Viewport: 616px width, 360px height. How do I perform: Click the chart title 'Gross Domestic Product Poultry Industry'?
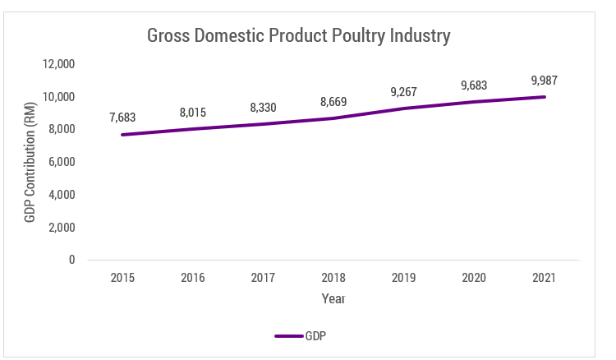tap(298, 36)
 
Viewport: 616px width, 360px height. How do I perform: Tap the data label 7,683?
tap(122, 118)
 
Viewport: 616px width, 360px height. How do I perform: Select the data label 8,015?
tap(192, 112)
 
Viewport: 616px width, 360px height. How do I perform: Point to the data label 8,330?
tap(263, 107)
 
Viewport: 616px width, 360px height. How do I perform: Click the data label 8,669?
tap(333, 102)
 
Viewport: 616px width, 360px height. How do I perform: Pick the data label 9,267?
tap(403, 92)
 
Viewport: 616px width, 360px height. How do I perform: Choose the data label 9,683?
tap(474, 85)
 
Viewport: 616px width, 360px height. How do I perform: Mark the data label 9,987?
tap(544, 81)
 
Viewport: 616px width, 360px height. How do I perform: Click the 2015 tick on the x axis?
tap(122, 278)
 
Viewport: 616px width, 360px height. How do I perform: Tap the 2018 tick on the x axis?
tap(333, 278)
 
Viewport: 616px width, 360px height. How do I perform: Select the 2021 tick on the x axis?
tap(544, 278)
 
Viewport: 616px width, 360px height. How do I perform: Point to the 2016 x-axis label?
tap(192, 278)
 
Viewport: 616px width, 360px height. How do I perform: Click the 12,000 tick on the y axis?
tap(59, 64)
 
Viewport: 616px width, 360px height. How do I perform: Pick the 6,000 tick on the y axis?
tap(62, 162)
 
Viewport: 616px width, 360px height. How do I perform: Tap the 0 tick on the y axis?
tap(71, 260)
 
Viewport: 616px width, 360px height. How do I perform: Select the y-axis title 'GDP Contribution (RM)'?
tap(30, 162)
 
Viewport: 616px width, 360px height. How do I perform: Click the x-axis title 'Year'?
tap(333, 298)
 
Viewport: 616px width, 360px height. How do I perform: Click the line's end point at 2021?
tap(544, 97)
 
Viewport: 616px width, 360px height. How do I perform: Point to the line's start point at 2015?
tap(122, 135)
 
